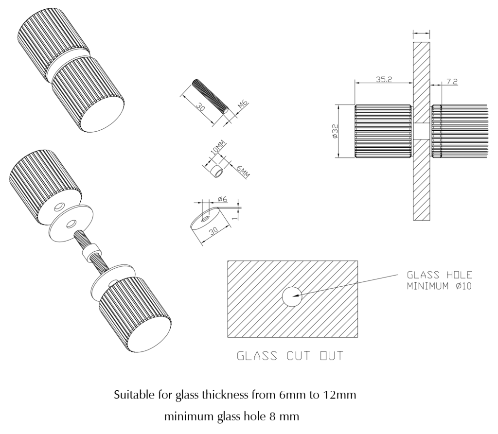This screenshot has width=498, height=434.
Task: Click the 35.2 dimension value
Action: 385,79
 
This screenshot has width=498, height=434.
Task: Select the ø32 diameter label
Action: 335,131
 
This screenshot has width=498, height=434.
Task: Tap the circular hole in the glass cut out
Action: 292,296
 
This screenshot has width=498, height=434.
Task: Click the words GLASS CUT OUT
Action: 290,356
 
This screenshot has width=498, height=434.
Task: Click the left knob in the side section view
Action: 383,131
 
